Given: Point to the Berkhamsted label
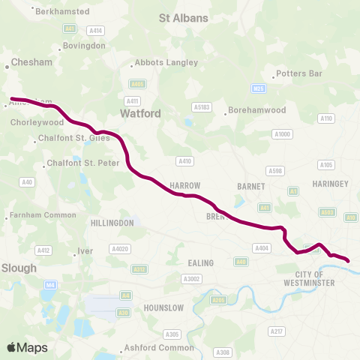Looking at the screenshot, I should pos(63,12).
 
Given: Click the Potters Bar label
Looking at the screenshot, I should pos(298,73).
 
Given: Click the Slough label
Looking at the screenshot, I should pos(19,268).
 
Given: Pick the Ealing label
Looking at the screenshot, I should pos(202,262).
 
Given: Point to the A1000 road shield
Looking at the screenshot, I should pos(282,134).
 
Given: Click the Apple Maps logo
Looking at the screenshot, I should pos(27,347).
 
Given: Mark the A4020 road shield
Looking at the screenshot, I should pos(120,248).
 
